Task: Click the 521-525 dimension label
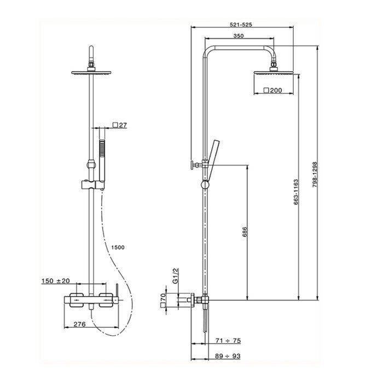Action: coord(241,25)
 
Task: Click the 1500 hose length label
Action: coord(117,247)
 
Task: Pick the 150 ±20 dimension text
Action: coord(55,281)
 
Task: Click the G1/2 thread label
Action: coord(175,275)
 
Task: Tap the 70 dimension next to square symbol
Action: coord(163,300)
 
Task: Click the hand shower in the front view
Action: coord(101,159)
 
